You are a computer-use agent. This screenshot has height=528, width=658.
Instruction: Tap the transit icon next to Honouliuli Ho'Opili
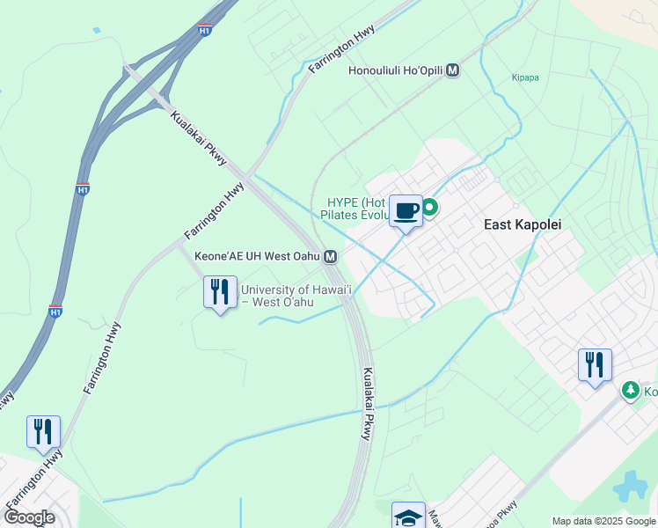pos(453,70)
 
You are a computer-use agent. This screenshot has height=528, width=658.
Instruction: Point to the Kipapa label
pos(525,77)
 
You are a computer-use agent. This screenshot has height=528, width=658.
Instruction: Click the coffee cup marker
pos(406,211)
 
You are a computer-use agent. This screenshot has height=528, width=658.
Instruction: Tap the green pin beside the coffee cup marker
pos(430,208)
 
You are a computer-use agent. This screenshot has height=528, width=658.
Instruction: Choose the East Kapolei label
pos(523,225)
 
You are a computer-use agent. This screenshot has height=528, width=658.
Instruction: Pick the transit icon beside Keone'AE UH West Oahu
pos(330,257)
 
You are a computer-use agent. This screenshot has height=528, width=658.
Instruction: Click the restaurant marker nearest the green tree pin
pos(595,364)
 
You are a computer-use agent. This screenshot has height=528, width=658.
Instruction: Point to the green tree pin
pos(630,389)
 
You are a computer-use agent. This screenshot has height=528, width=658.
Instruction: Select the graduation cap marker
pos(408,517)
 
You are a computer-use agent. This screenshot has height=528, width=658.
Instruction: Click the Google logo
pos(29,517)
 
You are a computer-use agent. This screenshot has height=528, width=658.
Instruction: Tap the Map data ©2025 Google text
pos(603,521)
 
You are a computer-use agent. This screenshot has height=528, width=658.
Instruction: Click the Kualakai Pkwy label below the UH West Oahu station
pos(368,403)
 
